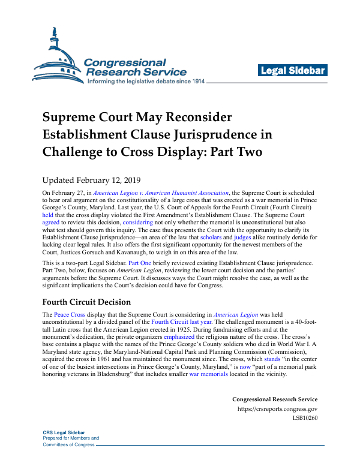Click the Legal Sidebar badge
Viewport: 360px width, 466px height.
(x=293, y=71)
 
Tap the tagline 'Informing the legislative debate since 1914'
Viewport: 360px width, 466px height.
(x=146, y=81)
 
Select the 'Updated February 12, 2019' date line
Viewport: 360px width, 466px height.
(x=90, y=179)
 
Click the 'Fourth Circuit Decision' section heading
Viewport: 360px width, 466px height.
(x=86, y=302)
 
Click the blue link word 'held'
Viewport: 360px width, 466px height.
(x=47, y=214)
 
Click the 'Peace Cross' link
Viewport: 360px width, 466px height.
(x=70, y=314)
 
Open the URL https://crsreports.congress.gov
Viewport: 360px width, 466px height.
(x=277, y=409)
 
